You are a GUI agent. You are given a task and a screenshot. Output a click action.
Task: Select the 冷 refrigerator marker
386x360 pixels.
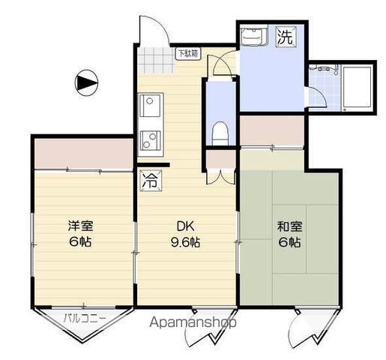(150, 179)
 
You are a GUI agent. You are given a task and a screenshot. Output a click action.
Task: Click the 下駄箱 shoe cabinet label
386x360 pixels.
(187, 53)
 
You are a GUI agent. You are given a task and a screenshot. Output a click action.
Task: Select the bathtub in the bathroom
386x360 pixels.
(356, 87)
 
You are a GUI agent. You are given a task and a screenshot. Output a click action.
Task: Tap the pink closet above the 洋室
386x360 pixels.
(82, 153)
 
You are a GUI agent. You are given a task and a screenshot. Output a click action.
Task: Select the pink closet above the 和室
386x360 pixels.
(272, 132)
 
